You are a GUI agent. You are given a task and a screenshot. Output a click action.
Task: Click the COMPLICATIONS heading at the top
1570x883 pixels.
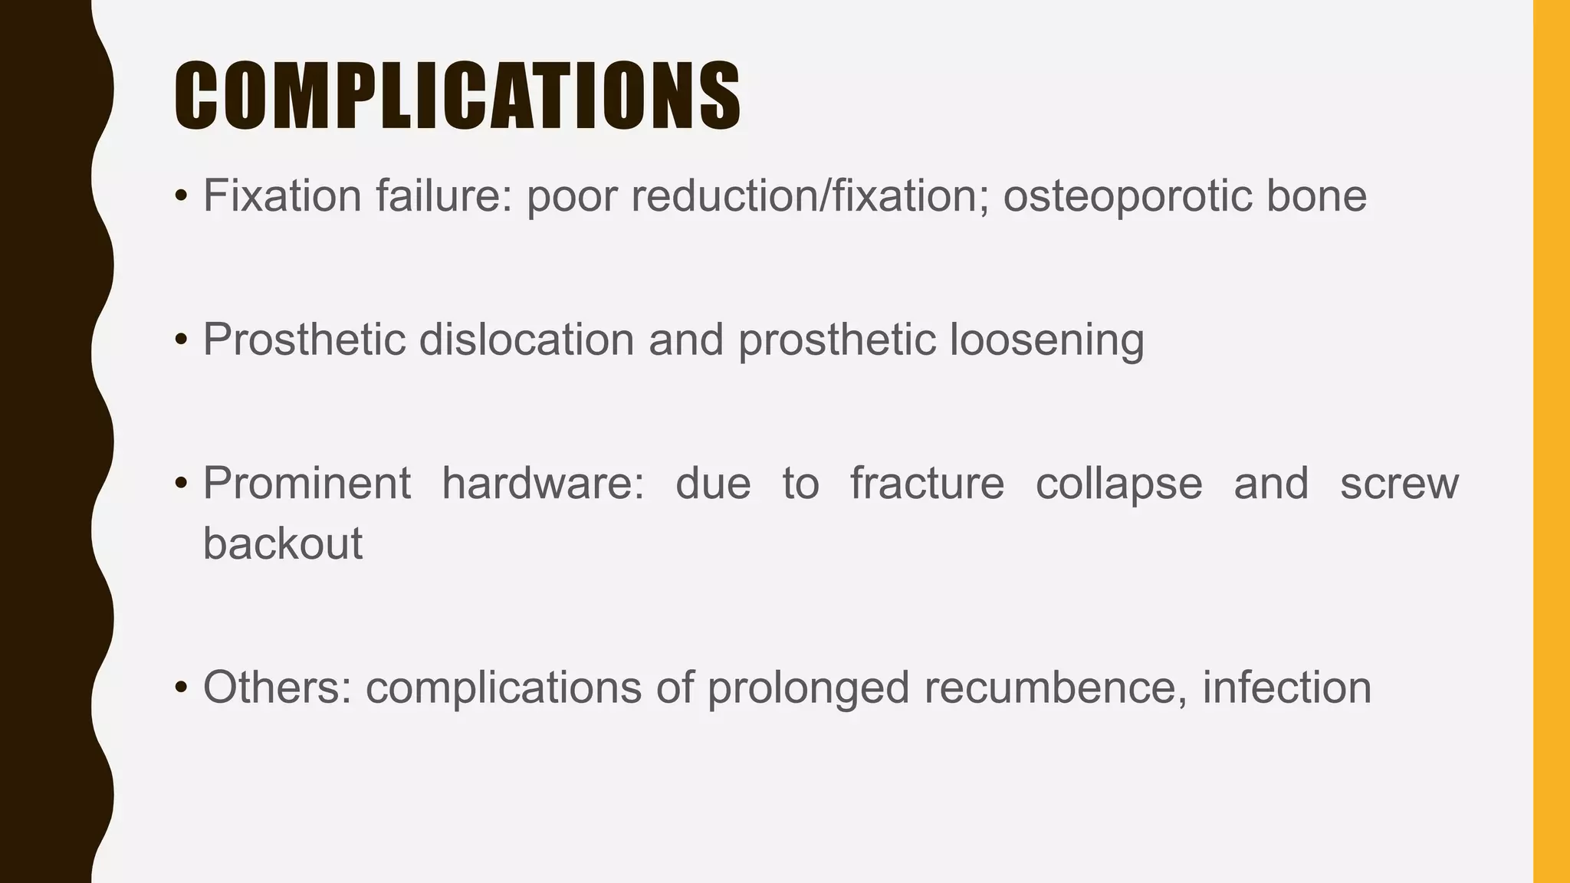click(x=457, y=96)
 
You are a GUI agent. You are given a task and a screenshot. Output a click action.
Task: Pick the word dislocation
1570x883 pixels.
click(x=526, y=340)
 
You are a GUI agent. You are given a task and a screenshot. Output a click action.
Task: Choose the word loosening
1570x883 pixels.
click(x=1046, y=340)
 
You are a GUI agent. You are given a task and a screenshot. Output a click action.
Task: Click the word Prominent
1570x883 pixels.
click(x=307, y=484)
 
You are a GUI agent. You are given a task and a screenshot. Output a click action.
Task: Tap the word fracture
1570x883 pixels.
click(x=927, y=484)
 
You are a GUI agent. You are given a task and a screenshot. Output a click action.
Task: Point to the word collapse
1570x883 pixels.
click(x=1118, y=484)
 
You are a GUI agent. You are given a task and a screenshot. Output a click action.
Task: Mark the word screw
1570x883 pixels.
click(x=1399, y=484)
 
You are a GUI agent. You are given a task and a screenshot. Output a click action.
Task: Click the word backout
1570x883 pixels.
click(x=282, y=543)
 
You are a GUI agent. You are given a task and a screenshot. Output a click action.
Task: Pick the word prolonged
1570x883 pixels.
click(x=808, y=687)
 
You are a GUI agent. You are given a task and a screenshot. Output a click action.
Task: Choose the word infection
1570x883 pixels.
click(x=1286, y=687)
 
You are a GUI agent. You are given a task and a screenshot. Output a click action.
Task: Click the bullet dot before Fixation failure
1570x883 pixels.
click(x=181, y=198)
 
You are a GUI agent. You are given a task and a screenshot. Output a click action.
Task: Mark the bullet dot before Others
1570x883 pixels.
click(x=181, y=688)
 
